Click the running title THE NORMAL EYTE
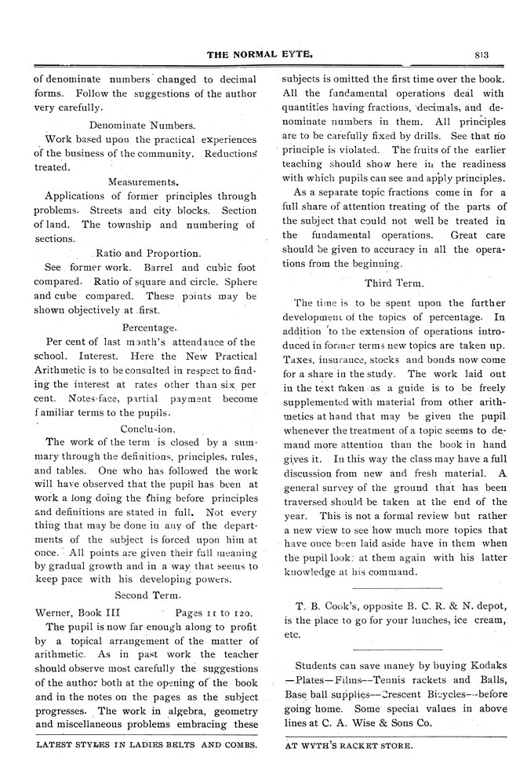click(x=260, y=54)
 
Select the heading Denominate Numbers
click(x=142, y=124)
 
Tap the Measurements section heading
click(x=141, y=181)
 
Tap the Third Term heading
click(x=394, y=282)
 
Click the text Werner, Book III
click(x=78, y=611)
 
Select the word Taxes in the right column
click(x=299, y=360)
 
